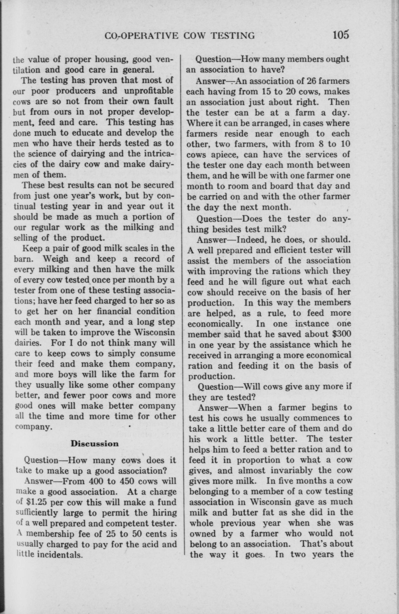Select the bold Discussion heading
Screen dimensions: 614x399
click(95, 443)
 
